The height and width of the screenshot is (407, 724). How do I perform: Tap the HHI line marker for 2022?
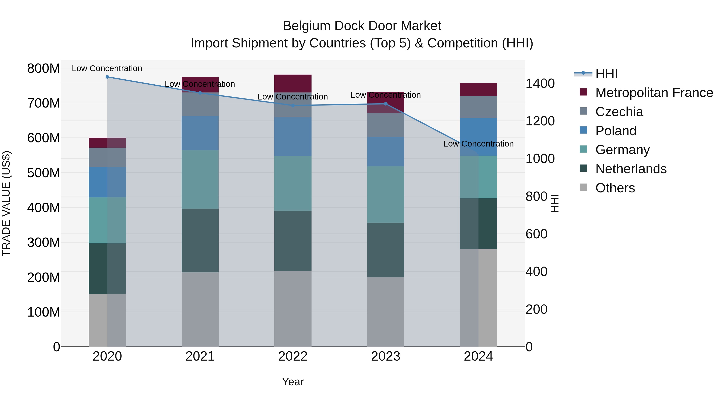coord(293,106)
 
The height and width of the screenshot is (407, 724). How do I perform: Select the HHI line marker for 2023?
coord(386,104)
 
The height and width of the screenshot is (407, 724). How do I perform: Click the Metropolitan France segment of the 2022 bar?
coord(293,83)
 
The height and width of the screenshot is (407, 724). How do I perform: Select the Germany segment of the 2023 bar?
coord(386,194)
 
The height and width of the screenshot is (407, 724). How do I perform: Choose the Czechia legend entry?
coord(619,112)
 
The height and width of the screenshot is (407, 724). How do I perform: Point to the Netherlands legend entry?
coord(631,169)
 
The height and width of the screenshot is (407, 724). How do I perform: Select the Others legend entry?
coord(615,188)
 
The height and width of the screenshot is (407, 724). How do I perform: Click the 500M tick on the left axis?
coord(44,173)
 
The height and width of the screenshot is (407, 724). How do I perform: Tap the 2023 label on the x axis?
coord(386,356)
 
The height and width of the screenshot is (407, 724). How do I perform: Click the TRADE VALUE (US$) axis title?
coord(6,203)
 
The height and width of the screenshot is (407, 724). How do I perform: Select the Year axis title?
coord(293,382)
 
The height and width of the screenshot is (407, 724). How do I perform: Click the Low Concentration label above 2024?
coord(478,144)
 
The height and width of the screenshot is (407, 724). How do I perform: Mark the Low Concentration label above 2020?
coord(107,68)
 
